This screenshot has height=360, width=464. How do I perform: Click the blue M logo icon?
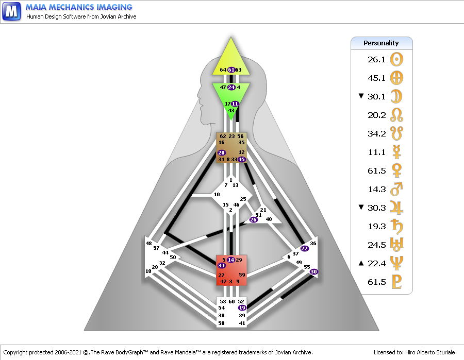pyautogui.click(x=11, y=11)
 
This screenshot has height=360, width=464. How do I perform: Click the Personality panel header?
pyautogui.click(x=382, y=43)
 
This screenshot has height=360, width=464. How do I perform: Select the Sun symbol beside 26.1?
pyautogui.click(x=396, y=59)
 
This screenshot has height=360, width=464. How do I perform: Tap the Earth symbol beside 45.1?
pyautogui.click(x=396, y=78)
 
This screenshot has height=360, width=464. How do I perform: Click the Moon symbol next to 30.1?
pyautogui.click(x=396, y=97)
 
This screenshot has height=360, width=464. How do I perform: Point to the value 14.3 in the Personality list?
pyautogui.click(x=377, y=189)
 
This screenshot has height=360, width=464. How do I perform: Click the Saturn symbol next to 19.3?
pyautogui.click(x=397, y=227)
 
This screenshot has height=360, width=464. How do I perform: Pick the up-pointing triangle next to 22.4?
pyautogui.click(x=361, y=263)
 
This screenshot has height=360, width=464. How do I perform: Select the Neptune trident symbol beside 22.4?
pyautogui.click(x=396, y=263)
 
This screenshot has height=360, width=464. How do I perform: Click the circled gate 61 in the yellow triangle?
pyautogui.click(x=231, y=70)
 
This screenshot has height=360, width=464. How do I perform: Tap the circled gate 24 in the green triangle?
pyautogui.click(x=231, y=87)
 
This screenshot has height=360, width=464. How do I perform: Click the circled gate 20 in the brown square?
pyautogui.click(x=221, y=152)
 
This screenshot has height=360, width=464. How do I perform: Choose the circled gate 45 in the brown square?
pyautogui.click(x=242, y=159)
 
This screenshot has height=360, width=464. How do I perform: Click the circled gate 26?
pyautogui.click(x=253, y=219)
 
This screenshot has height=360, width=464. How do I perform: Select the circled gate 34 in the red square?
pyautogui.click(x=222, y=265)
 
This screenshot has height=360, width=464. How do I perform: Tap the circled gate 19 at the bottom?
pyautogui.click(x=242, y=307)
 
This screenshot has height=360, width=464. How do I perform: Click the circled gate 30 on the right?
pyautogui.click(x=313, y=271)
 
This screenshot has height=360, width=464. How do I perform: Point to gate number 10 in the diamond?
pyautogui.click(x=217, y=195)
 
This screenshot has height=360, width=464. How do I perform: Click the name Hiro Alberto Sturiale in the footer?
pyautogui.click(x=430, y=352)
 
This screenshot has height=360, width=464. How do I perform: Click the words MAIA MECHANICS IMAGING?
pyautogui.click(x=79, y=7)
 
